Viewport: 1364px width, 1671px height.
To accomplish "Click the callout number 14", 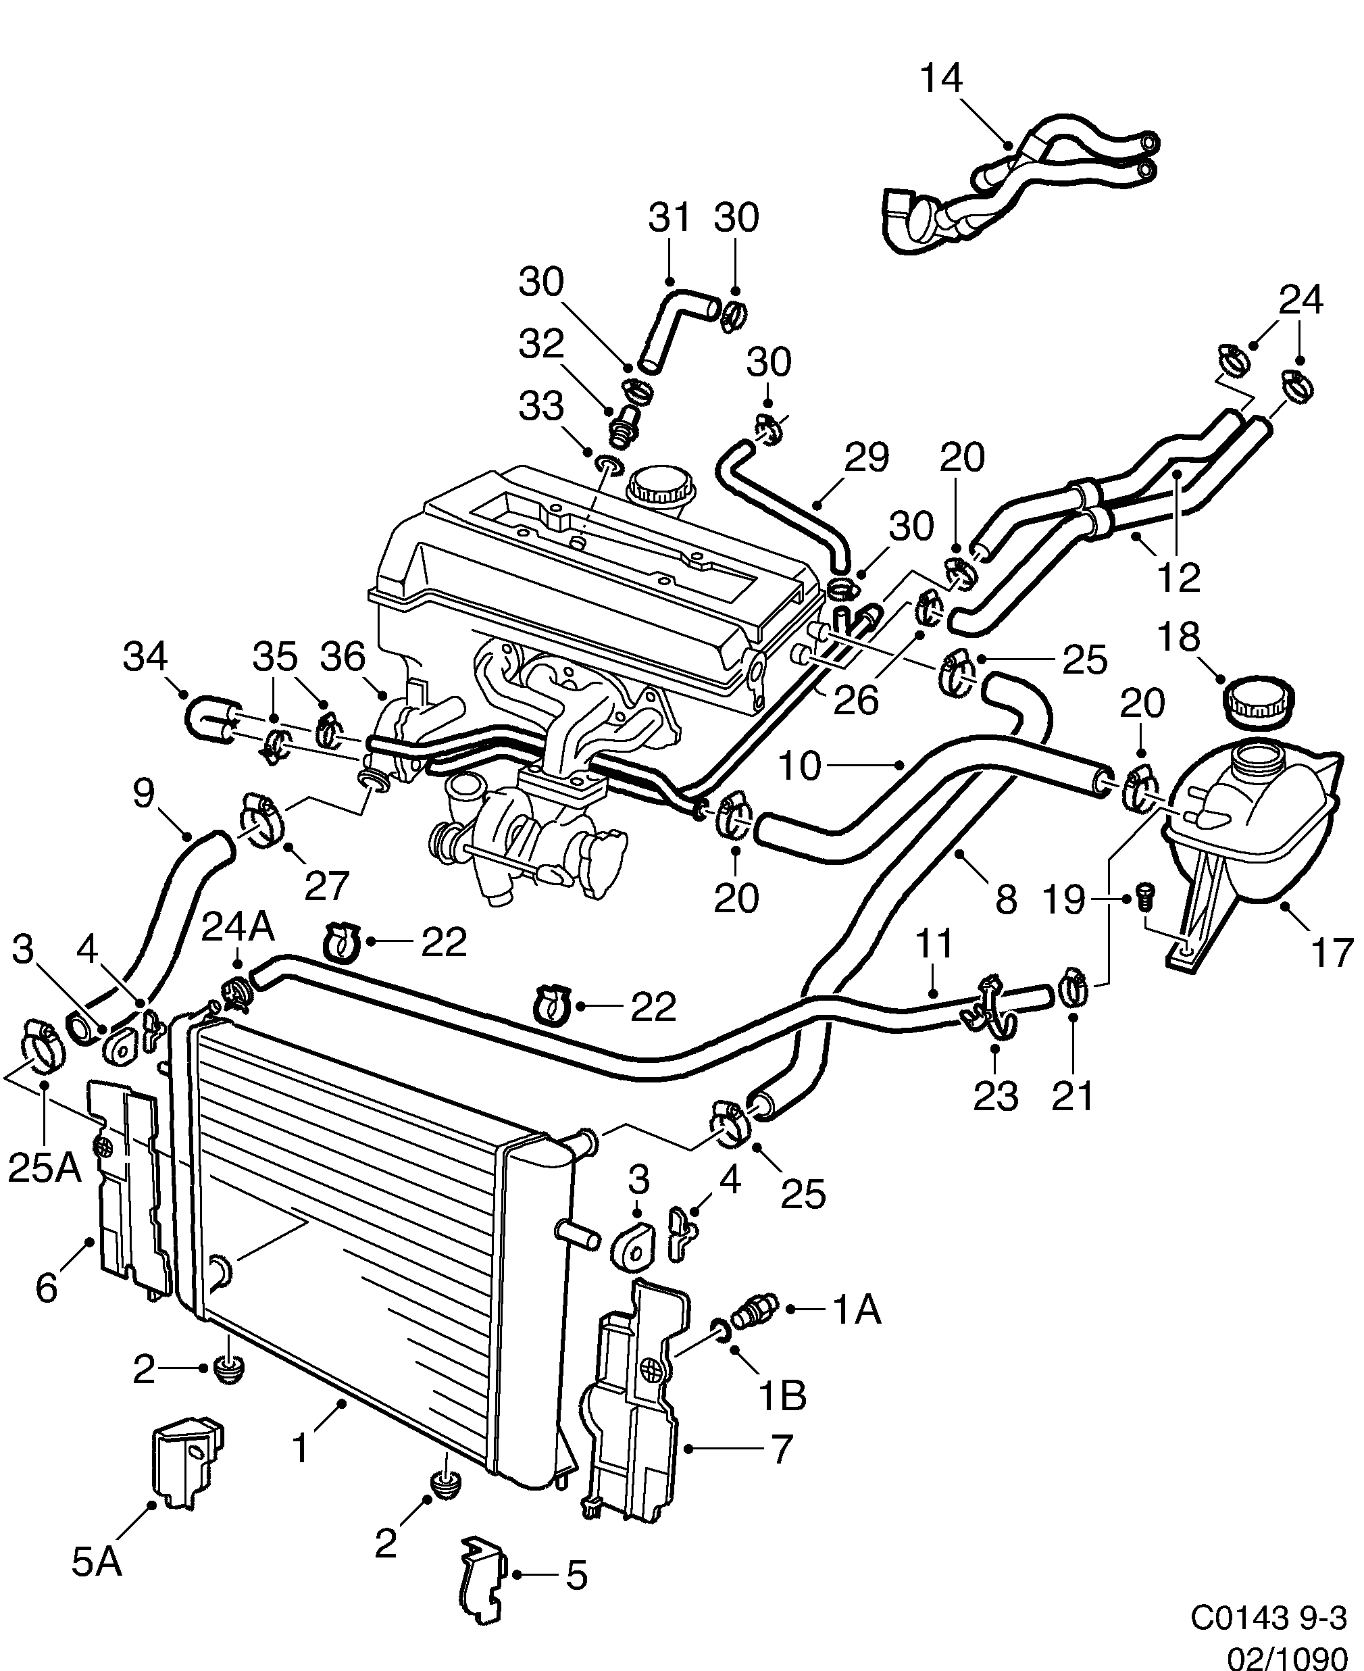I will pos(940,79).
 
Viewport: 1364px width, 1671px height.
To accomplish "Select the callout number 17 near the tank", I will pos(1332,953).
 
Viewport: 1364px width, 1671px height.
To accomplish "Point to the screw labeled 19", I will pos(1144,896).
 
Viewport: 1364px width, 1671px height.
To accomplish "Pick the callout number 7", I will pos(780,1449).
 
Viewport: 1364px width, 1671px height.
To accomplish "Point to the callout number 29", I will pos(867,458).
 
